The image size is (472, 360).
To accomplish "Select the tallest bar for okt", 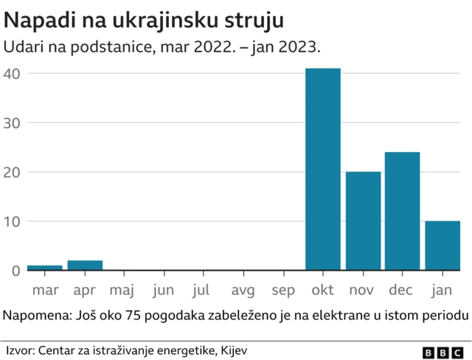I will point(323,169).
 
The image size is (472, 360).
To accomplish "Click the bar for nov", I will point(363,221).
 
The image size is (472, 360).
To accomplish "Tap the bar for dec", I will point(402,211).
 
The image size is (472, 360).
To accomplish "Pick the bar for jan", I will point(442,246).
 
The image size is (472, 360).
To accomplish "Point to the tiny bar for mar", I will point(44,268).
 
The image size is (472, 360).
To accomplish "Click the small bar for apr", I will point(85,266).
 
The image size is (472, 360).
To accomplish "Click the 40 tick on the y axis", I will point(11,74).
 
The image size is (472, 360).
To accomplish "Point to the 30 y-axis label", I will point(11,122).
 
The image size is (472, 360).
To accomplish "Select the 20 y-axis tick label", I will point(11,172).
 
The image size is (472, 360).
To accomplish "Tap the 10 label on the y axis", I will point(11,221).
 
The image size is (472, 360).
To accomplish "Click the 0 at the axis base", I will point(15,271).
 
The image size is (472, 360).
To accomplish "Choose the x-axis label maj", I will point(124,291).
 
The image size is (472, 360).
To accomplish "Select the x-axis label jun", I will point(164,291).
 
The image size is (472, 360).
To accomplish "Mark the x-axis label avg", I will point(243,291).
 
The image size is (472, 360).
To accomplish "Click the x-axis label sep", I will point(283,291).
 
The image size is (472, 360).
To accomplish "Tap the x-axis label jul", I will point(204,291).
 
